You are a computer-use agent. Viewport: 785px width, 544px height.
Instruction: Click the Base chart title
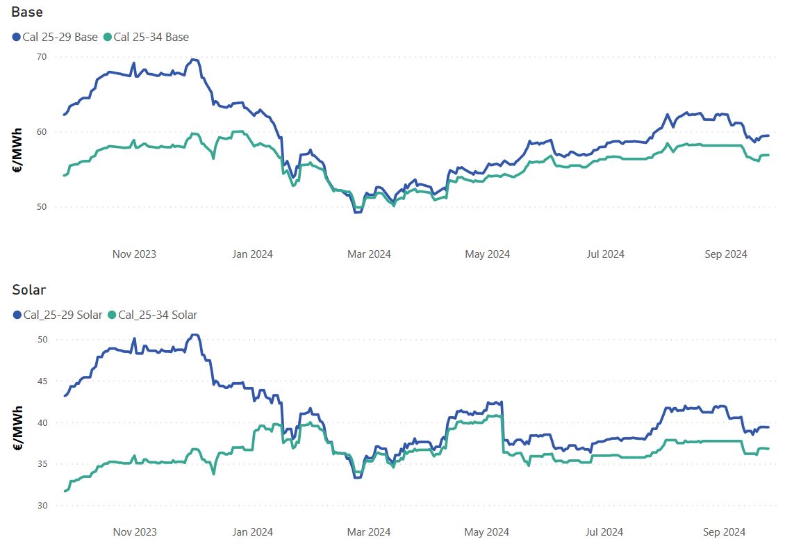(27, 13)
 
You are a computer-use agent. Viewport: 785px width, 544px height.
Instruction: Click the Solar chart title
(29, 290)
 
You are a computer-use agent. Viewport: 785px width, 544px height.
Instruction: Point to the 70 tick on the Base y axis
(42, 57)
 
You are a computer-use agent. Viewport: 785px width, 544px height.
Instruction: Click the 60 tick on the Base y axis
(42, 131)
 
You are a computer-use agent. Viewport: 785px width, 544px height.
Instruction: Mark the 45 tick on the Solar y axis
(42, 381)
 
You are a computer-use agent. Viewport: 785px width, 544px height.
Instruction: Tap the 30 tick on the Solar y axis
(42, 505)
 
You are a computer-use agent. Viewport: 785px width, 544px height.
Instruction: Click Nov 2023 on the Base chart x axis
(134, 254)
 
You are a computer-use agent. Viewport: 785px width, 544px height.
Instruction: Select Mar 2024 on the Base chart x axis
(369, 254)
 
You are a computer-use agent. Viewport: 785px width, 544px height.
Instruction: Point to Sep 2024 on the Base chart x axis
(726, 254)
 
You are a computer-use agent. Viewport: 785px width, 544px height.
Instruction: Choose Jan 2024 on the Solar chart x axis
(251, 532)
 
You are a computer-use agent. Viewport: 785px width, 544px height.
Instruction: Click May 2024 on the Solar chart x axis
(487, 532)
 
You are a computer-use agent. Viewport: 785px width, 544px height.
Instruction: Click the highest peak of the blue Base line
(193, 60)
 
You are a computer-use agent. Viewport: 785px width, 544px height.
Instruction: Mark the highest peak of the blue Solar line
(195, 335)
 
